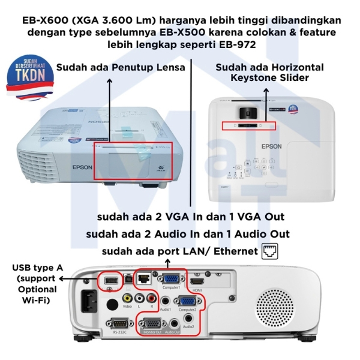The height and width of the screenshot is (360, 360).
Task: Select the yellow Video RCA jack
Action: (x=127, y=296)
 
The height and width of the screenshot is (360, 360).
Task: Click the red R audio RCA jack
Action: (x=153, y=296)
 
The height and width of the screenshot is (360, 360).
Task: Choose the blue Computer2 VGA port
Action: (x=187, y=302)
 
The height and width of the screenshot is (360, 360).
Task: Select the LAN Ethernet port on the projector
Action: (x=145, y=278)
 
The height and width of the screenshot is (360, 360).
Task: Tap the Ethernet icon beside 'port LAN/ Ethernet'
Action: (x=271, y=251)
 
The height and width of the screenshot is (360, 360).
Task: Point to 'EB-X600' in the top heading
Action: (x=44, y=20)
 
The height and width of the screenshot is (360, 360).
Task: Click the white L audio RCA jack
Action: (x=139, y=296)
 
